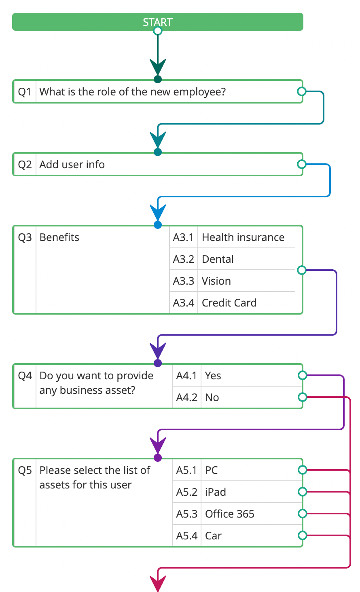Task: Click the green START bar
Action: point(157,22)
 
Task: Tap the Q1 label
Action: point(25,92)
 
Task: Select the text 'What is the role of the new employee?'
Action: point(132,92)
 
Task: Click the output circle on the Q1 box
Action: point(301,91)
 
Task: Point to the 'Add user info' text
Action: point(72,165)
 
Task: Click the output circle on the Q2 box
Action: point(301,164)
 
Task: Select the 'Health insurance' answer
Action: point(243,237)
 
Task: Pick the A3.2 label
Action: point(184,259)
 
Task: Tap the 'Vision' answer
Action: point(216,281)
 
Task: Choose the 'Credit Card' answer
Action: point(229,303)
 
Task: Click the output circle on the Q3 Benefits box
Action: point(301,270)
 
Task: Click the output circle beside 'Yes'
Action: point(302,376)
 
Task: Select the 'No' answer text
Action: point(212,397)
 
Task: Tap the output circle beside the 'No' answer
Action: point(302,397)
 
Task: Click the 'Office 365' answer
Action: point(229,514)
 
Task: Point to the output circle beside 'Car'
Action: point(302,535)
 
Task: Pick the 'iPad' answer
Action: point(215,492)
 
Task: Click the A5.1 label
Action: point(186,470)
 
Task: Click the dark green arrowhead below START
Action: point(158,67)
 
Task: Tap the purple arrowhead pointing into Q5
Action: point(158,445)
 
